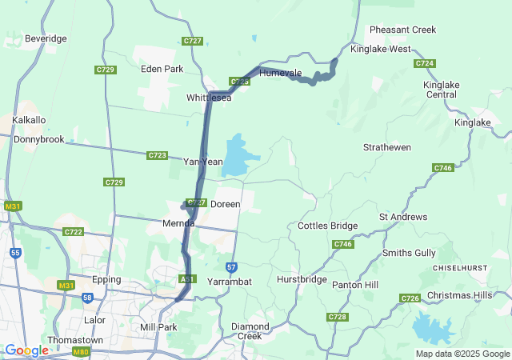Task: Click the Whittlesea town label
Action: (x=209, y=98)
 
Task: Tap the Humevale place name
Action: (x=280, y=73)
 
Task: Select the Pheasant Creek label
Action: (x=402, y=30)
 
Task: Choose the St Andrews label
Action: (x=403, y=217)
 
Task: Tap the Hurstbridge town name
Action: (x=302, y=280)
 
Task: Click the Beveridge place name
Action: (x=46, y=38)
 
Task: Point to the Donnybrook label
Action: (x=38, y=139)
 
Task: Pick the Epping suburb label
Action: (x=106, y=280)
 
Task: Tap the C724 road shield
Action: (x=425, y=63)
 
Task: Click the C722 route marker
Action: (x=73, y=232)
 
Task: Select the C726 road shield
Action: (x=410, y=298)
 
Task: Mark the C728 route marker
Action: (x=337, y=318)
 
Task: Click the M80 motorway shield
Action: (x=80, y=351)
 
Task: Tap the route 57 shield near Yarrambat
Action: (x=231, y=266)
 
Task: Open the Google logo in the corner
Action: (x=26, y=350)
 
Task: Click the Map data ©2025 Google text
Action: (x=462, y=354)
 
